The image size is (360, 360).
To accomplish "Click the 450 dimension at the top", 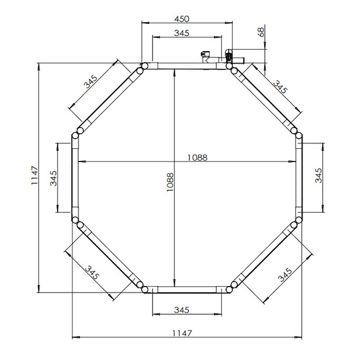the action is (182, 19).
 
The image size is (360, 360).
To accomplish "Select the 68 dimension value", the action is (261, 32).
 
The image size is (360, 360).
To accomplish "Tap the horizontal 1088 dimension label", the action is (197, 158).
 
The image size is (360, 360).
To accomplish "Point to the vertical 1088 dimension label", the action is (170, 182).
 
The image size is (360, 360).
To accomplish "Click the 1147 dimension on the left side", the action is (35, 175).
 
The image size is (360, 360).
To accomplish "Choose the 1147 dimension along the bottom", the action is (182, 333).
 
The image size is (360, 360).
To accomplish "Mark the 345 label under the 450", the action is (182, 33).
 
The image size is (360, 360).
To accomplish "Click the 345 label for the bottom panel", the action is (182, 310).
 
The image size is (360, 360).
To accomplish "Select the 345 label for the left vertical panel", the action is (53, 178).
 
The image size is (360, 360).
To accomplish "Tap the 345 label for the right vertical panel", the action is (318, 175).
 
